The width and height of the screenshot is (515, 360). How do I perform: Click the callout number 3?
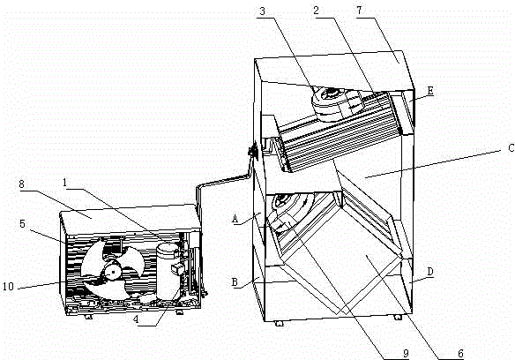262,11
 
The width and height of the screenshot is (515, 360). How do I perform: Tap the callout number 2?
316,11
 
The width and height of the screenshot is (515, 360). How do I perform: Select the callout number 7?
359,11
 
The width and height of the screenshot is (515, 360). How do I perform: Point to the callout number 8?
22,184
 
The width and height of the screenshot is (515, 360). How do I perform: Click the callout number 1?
65,183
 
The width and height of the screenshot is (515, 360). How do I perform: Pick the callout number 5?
22,224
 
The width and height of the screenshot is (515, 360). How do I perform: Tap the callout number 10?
8,287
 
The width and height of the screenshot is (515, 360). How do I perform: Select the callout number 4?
136,319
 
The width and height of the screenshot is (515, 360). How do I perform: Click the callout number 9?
406,353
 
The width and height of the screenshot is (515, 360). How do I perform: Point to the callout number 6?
460,354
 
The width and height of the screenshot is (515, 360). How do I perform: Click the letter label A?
235,219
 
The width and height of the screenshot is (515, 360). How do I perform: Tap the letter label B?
235,282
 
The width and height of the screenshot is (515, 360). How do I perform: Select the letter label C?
511,148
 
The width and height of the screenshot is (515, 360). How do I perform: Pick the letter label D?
430,273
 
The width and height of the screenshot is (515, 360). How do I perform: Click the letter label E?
430,90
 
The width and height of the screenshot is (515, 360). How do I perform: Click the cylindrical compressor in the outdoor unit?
168,271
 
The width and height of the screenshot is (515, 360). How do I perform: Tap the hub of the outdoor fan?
112,271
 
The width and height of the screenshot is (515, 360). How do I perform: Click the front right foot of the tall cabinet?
398,318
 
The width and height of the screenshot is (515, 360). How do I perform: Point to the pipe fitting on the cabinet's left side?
253,152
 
